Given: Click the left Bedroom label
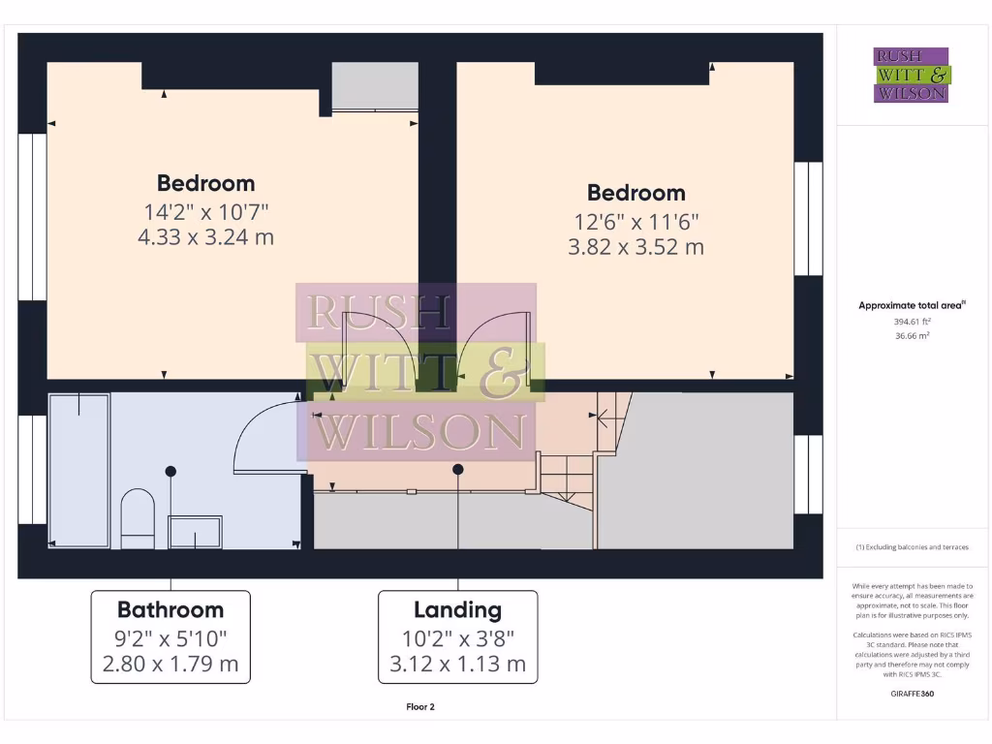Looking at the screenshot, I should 206,183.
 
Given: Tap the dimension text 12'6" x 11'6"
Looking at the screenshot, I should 635,220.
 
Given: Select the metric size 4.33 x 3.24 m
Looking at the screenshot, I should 206,236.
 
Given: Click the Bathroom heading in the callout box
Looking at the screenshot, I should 170,609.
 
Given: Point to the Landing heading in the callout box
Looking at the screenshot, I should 457,609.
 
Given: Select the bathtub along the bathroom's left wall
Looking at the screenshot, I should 79,469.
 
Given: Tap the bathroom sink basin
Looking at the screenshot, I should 195,531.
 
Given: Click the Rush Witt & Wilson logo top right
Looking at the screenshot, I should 912,76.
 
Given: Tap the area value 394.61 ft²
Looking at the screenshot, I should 912,321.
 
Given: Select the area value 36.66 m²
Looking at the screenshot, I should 912,336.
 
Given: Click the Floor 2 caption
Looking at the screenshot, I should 419,707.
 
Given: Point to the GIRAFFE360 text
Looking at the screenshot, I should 912,694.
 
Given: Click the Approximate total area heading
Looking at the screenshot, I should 912,305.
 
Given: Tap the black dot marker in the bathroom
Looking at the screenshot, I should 170,471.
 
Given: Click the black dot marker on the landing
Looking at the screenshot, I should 457,469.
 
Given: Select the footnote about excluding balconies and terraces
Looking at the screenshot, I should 912,547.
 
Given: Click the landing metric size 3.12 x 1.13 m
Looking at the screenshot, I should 457,664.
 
